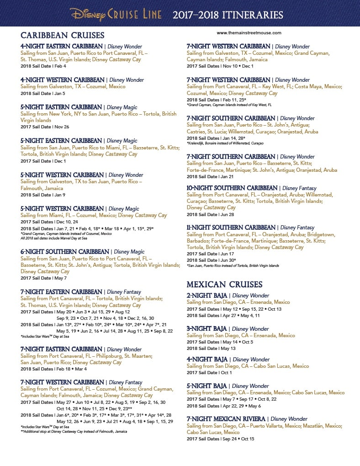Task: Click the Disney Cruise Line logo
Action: tap(116, 14)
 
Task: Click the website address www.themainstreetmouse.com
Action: tap(249, 33)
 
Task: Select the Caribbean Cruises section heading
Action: tap(63, 36)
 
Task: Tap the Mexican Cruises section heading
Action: tap(225, 284)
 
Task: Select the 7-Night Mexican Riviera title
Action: tap(227, 419)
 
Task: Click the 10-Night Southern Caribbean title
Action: tap(232, 188)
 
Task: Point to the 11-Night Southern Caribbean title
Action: tap(231, 228)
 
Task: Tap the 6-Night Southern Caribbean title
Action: tap(65, 252)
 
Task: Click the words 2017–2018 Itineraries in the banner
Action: tap(228, 15)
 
